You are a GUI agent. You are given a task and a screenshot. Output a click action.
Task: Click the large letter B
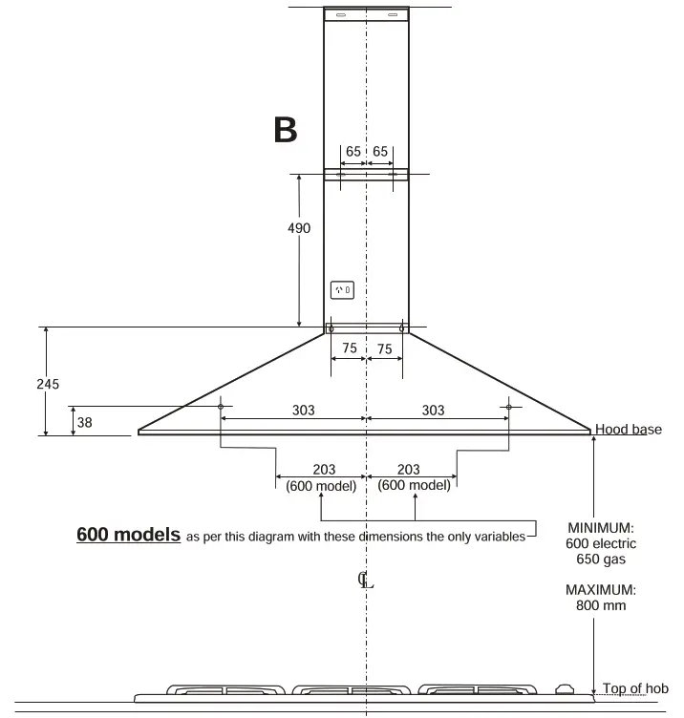[285, 130]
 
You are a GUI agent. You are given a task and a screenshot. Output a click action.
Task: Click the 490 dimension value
[299, 228]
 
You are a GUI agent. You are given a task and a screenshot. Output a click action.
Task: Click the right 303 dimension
[433, 410]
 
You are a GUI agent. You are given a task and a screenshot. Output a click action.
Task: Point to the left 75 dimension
[350, 348]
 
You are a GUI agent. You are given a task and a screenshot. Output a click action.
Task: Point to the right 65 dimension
[380, 152]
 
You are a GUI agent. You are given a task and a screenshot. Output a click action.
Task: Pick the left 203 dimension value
[325, 470]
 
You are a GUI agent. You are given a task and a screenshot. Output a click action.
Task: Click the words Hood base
[628, 430]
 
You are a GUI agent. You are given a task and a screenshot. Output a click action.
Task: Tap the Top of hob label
[635, 688]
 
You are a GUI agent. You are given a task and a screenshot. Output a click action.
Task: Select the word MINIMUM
[601, 527]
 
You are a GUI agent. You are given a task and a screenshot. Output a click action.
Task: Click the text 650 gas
[601, 558]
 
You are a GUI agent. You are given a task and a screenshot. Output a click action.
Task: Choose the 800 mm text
[601, 604]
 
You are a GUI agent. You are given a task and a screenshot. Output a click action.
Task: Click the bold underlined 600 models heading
[128, 535]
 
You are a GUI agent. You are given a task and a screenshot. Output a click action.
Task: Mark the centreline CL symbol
[365, 580]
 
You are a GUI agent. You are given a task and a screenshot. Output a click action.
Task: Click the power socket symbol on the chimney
[341, 288]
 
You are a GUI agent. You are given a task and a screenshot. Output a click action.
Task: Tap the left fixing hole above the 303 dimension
[221, 406]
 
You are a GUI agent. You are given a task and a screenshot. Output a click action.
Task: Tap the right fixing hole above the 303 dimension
[509, 406]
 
